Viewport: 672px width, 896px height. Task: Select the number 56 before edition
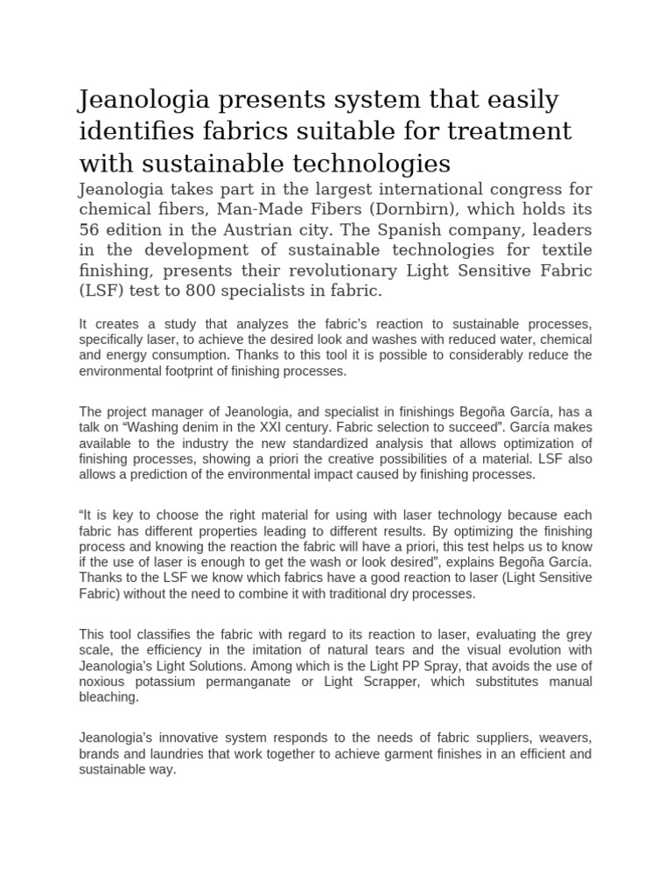coord(91,231)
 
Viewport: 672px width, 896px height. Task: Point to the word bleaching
coord(108,697)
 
